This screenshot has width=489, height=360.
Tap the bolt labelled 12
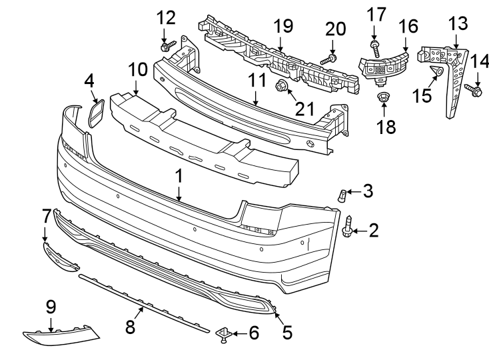pyautogui.click(x=167, y=46)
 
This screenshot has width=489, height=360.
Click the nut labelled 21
pyautogui.click(x=281, y=85)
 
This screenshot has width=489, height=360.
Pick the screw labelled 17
pyautogui.click(x=374, y=46)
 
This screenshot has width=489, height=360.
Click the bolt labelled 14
pyautogui.click(x=476, y=91)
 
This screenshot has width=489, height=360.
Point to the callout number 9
pyautogui.click(x=51, y=307)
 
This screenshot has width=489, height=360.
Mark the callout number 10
pyautogui.click(x=137, y=69)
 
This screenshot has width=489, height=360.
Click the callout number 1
pyautogui.click(x=179, y=177)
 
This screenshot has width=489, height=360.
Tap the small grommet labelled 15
pyautogui.click(x=436, y=71)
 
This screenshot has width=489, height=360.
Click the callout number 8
pyautogui.click(x=131, y=326)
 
